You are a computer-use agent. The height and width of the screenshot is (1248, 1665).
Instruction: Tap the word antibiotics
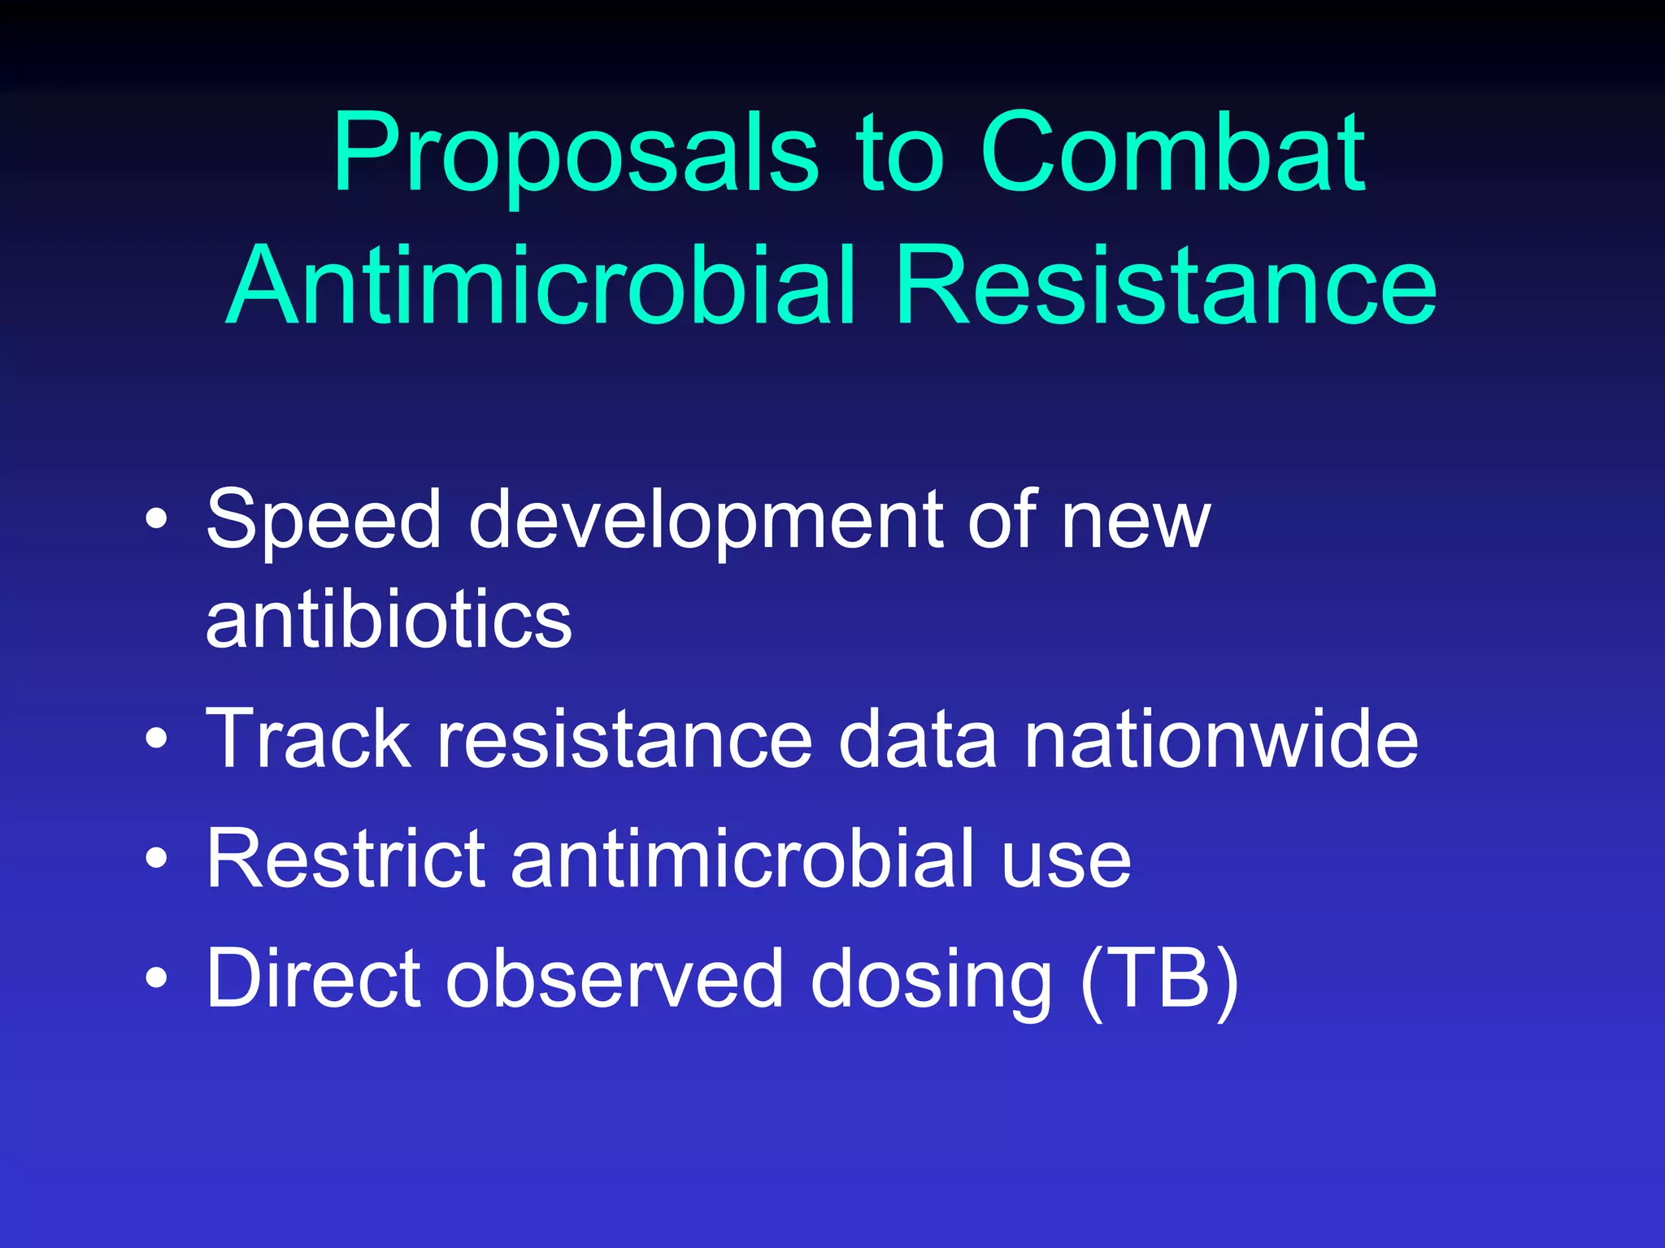tap(389, 619)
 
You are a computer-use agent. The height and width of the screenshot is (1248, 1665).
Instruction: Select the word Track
tap(309, 738)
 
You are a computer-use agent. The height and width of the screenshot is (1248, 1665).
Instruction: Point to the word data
tap(918, 738)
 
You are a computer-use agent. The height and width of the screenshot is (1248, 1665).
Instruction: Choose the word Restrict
tap(346, 858)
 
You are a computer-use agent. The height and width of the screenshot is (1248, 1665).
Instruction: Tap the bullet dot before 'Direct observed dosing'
tap(157, 978)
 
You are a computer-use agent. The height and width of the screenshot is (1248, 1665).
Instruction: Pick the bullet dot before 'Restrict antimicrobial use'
tap(157, 858)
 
